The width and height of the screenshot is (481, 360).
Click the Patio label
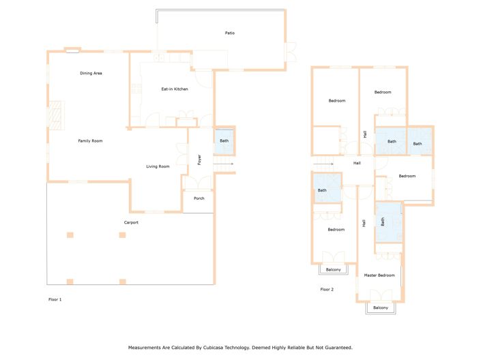click(x=230, y=33)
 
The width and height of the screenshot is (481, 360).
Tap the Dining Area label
click(x=91, y=73)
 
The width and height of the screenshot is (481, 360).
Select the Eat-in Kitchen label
click(x=174, y=89)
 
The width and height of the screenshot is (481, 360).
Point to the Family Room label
click(x=90, y=140)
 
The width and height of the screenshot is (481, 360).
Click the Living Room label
click(x=158, y=166)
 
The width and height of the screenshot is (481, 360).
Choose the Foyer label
click(x=199, y=160)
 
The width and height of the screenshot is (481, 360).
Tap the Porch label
click(x=199, y=198)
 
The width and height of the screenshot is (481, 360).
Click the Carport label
click(x=131, y=222)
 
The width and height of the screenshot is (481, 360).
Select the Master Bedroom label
click(x=379, y=275)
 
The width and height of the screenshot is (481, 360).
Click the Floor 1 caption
click(x=55, y=299)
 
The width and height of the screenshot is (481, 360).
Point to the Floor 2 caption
click(x=327, y=290)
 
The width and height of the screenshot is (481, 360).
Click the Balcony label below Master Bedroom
click(x=380, y=308)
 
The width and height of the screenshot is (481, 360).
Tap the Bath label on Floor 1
click(x=224, y=141)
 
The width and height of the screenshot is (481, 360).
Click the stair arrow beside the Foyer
click(x=227, y=164)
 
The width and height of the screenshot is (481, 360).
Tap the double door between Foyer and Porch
click(x=199, y=183)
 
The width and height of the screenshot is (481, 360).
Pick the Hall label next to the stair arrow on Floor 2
click(x=357, y=164)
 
